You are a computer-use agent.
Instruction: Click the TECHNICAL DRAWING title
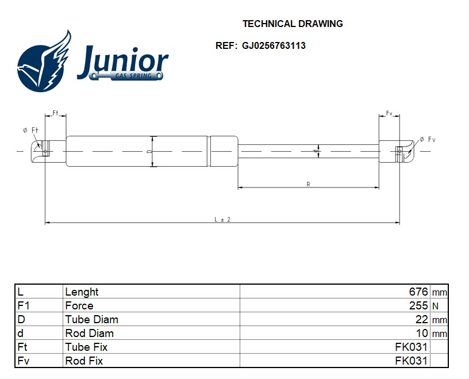(293, 24)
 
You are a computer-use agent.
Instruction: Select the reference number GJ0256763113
(274, 46)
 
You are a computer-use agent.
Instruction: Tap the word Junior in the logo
(122, 60)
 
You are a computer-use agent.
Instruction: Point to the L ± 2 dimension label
(222, 219)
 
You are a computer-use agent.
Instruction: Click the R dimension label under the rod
(308, 184)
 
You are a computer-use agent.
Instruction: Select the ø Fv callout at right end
(428, 139)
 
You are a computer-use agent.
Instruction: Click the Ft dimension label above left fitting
(56, 113)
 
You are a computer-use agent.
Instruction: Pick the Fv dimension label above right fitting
(389, 113)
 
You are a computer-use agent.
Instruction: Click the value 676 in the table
(418, 292)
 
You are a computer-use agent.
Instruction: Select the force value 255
(418, 306)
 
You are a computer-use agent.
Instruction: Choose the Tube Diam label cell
(92, 320)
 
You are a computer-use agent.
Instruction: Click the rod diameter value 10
(422, 334)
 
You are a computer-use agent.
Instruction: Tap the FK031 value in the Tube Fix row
(412, 347)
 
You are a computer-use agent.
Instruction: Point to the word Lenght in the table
(82, 292)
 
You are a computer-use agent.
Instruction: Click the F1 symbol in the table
(24, 306)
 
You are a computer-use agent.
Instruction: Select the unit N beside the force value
(435, 307)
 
